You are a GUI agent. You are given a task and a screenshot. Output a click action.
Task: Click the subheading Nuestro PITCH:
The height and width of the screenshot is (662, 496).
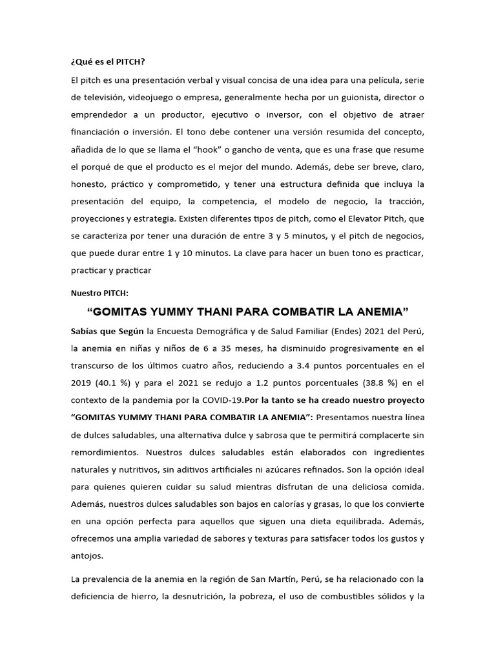click(99, 293)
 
